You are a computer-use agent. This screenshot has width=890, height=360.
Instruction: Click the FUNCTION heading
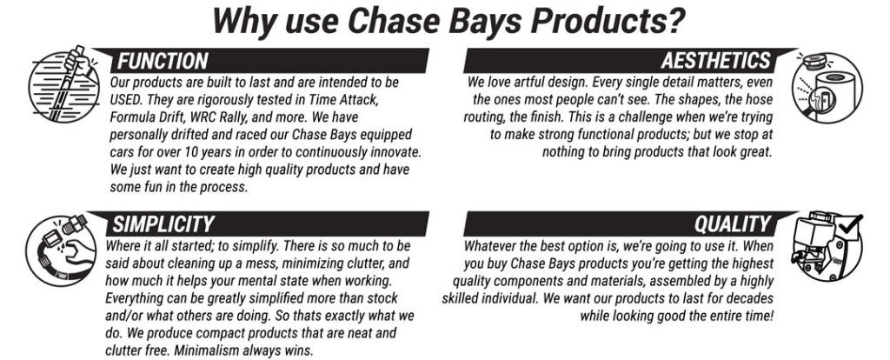click(163, 61)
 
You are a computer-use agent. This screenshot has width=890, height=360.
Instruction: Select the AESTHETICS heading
click(716, 61)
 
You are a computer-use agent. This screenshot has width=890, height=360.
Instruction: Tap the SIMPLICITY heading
click(163, 224)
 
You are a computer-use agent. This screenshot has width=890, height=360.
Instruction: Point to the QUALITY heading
click(733, 224)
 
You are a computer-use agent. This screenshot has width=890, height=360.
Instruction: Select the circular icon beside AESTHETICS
click(827, 86)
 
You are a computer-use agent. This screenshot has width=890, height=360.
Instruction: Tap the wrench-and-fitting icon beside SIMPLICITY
click(61, 250)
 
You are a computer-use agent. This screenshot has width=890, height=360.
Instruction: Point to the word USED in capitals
click(125, 99)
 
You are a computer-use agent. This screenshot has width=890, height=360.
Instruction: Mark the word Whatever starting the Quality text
click(488, 246)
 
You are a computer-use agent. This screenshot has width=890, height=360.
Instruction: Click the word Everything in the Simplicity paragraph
click(133, 298)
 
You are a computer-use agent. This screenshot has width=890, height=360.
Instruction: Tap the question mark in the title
click(674, 21)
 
